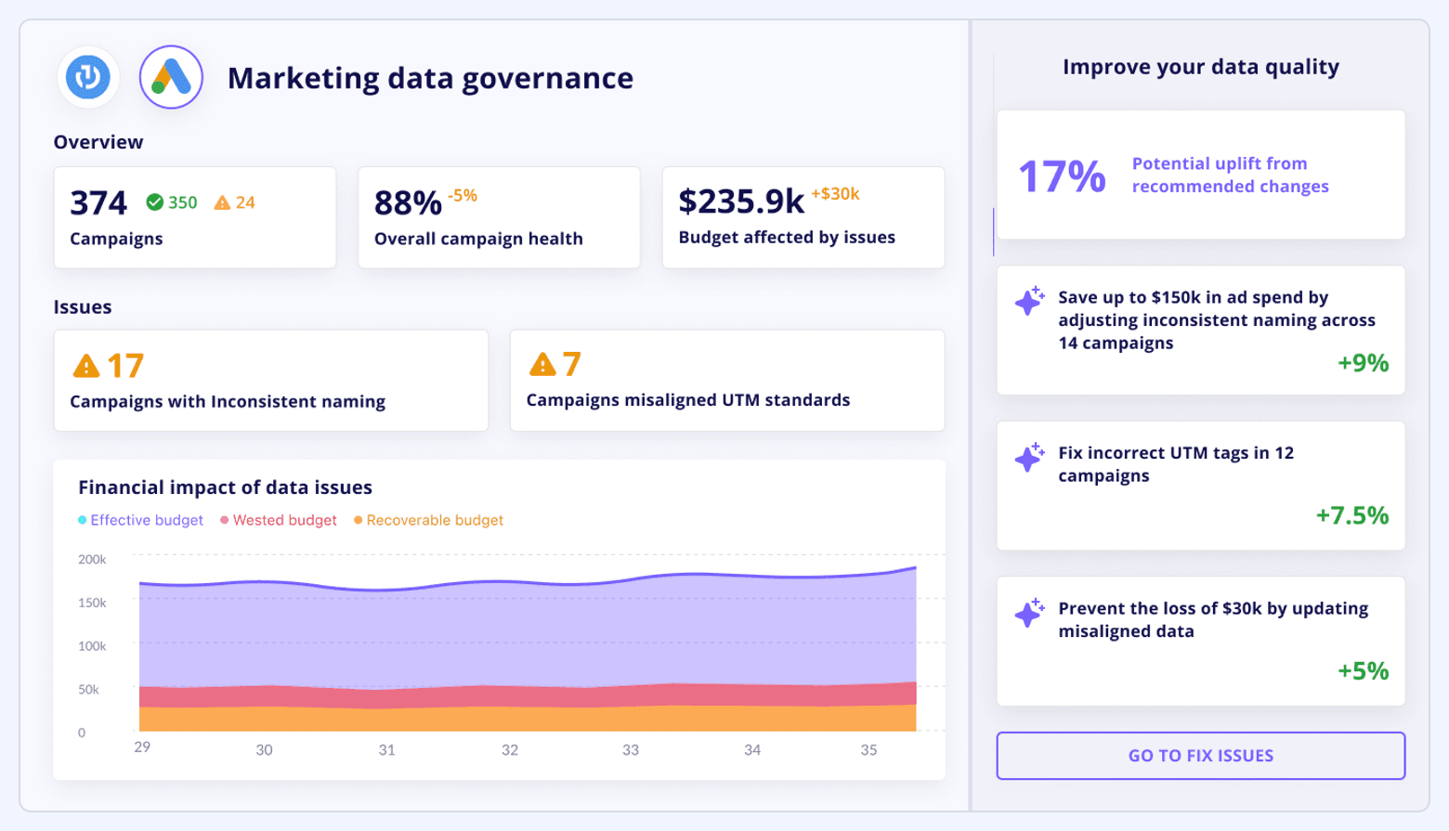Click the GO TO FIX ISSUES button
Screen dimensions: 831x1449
pos(1200,756)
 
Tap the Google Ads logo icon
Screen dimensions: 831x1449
pos(171,77)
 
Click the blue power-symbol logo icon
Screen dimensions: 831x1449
pos(88,77)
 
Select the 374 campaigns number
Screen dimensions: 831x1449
pos(98,203)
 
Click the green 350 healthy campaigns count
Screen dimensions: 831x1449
pos(172,202)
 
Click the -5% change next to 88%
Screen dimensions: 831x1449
pos(462,196)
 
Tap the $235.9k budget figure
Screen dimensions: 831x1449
pos(740,201)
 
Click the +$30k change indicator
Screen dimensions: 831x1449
pos(835,194)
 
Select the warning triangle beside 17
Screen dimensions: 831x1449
pos(86,366)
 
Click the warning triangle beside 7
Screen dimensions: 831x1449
pos(542,364)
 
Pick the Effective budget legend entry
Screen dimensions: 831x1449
pos(141,520)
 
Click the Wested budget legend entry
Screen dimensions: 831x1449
pos(279,520)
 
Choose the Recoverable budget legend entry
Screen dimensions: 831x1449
pos(429,520)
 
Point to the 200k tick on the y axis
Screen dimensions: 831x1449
pos(92,560)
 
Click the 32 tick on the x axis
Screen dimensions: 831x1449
pos(509,750)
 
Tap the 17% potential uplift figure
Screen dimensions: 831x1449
pos(1062,175)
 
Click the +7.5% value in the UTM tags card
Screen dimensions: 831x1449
pos(1351,515)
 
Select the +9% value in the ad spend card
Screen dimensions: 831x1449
pos(1363,362)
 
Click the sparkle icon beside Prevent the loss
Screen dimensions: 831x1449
pos(1029,613)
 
